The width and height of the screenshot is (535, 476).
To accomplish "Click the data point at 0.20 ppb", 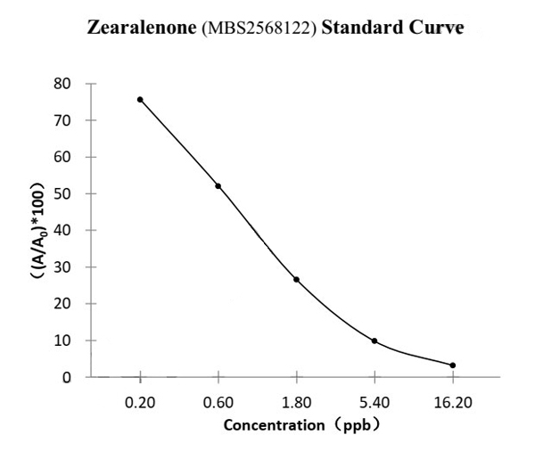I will coord(140,99).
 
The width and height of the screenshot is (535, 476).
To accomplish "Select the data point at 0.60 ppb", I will coord(218,185).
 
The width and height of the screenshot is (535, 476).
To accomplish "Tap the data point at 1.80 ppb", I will coord(296,279).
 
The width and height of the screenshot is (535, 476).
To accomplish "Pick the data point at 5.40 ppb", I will coord(374,341).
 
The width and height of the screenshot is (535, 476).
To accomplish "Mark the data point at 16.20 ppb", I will coord(453,365).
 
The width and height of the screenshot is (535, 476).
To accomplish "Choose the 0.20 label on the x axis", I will coord(140,402).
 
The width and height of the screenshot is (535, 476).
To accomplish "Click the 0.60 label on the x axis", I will coord(218,402).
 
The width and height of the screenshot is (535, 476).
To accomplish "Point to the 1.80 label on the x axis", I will coord(296,402).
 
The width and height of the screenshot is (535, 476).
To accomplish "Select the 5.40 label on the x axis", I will coord(374,402).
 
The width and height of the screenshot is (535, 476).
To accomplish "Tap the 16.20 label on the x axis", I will coord(453,402).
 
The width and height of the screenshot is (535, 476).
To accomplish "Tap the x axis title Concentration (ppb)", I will coord(302,425).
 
